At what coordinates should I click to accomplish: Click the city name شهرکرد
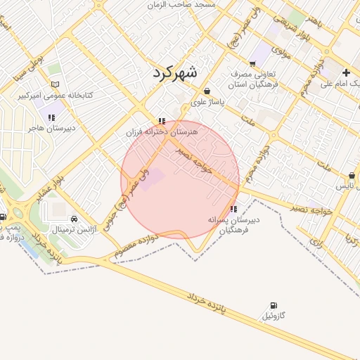point(175,73)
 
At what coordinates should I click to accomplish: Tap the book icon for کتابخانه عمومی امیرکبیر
point(55,84)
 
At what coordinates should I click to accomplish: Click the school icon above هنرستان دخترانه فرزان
point(162,121)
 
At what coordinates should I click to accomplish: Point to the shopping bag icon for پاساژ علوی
point(207,91)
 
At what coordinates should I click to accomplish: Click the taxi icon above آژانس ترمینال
point(75,219)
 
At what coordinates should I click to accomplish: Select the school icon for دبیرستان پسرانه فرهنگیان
point(233,209)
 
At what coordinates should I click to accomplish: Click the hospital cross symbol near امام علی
point(346,72)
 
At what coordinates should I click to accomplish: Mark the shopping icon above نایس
point(352,176)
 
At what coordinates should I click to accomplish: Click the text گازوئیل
point(274,317)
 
